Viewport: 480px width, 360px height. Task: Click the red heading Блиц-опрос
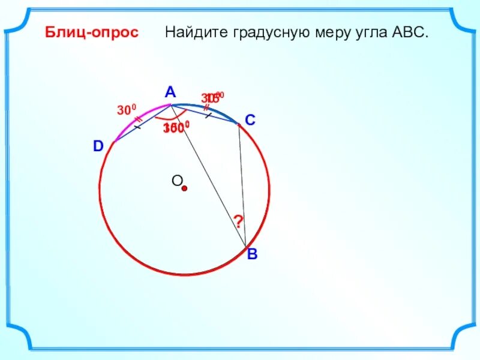tap(92, 32)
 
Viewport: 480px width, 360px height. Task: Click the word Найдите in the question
tap(191, 32)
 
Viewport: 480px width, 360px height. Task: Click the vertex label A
tap(170, 92)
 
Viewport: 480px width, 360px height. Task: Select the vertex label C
tap(250, 121)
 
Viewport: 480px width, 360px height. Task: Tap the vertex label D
tap(98, 146)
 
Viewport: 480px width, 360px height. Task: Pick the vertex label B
tap(253, 254)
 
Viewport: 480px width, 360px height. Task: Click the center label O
tap(176, 181)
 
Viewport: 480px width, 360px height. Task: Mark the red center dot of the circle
tap(185, 188)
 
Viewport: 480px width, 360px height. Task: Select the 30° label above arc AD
tap(127, 110)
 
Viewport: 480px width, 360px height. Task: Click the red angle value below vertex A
tap(176, 128)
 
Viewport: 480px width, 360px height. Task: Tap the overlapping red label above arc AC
tap(212, 97)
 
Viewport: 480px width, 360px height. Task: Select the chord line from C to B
tap(242, 186)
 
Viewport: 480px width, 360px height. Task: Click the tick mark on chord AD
tap(137, 127)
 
